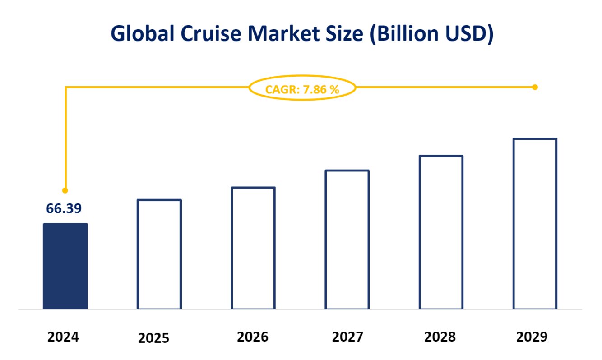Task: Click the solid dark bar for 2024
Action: [x=65, y=266]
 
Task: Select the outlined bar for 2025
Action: [x=159, y=254]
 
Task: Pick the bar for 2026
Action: [x=253, y=248]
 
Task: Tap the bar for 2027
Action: [x=347, y=240]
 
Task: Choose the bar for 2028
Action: [x=441, y=232]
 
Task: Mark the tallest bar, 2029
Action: [x=535, y=224]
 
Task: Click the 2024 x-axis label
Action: [x=63, y=337]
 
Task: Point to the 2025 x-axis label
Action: [x=153, y=338]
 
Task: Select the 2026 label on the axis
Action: [x=253, y=337]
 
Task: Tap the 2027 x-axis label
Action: [x=347, y=337]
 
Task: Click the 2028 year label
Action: [x=440, y=337]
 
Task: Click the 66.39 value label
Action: [x=64, y=208]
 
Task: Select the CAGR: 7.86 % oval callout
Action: [x=302, y=89]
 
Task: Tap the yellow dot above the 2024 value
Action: [x=65, y=190]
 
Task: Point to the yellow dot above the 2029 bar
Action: [x=535, y=87]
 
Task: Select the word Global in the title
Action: [x=139, y=34]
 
